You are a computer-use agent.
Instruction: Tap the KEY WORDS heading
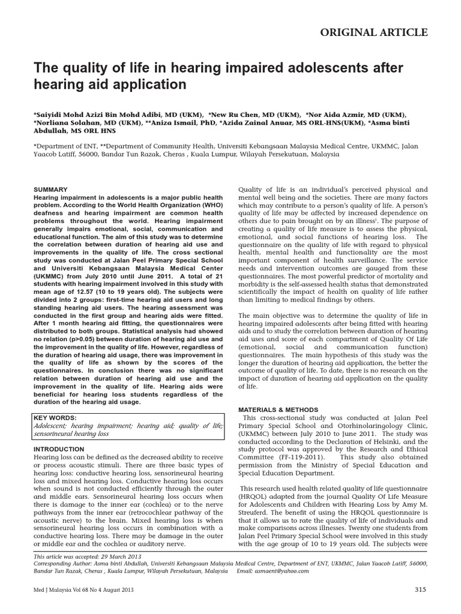click(55, 417)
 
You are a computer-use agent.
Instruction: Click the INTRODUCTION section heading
click(59, 449)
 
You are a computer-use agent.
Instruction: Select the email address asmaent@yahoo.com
click(282, 571)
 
